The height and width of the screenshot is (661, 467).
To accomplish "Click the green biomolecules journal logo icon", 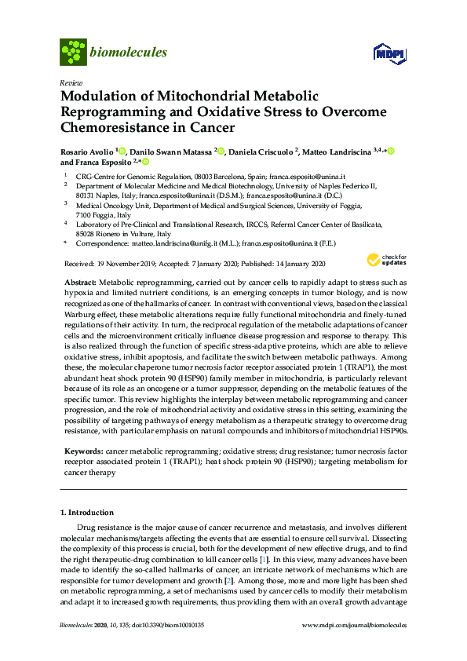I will (73, 52).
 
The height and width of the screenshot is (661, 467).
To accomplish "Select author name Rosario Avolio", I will (86, 151).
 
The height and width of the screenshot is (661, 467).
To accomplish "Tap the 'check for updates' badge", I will (383, 261).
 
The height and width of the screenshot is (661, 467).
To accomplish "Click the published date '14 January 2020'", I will (302, 265).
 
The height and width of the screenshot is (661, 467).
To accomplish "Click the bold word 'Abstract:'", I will (79, 281).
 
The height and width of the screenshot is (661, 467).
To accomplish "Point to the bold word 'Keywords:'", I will (82, 453).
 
